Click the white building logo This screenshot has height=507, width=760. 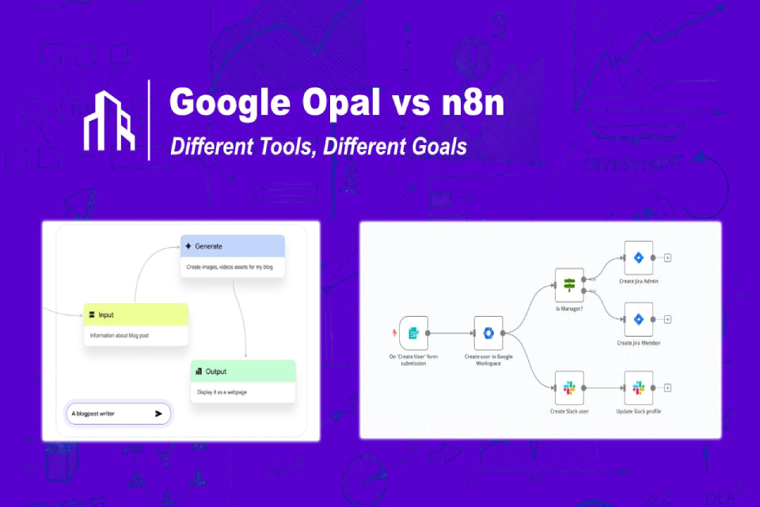(x=110, y=120)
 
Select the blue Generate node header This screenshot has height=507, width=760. (x=232, y=246)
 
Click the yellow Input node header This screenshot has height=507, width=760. (x=136, y=314)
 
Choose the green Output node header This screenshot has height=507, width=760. (x=243, y=372)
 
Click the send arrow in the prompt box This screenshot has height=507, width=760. (x=158, y=414)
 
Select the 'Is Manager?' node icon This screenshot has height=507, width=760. (x=568, y=285)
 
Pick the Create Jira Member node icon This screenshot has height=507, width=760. (x=638, y=319)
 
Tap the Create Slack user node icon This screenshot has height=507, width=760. (x=568, y=387)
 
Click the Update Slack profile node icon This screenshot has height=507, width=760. (x=638, y=387)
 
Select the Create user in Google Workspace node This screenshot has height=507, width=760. (x=488, y=334)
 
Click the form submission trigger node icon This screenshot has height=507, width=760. (x=413, y=334)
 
